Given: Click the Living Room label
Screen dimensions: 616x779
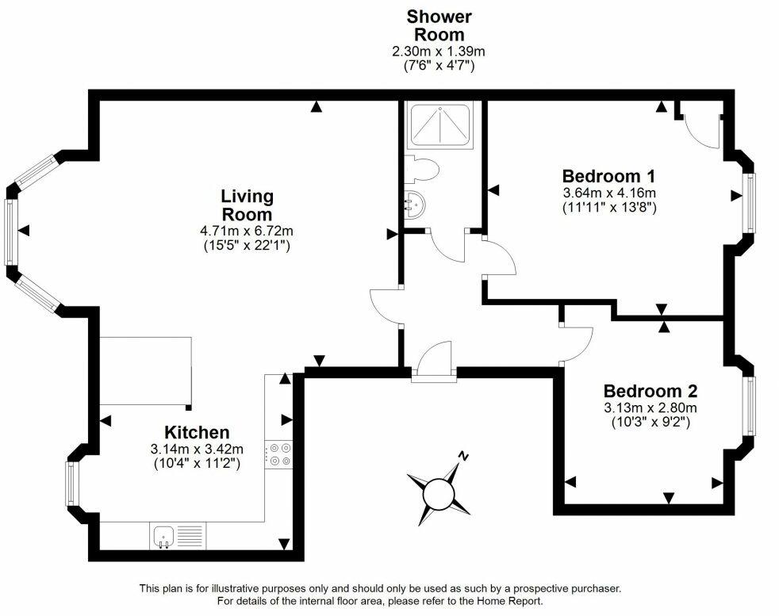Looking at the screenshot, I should pyautogui.click(x=246, y=205).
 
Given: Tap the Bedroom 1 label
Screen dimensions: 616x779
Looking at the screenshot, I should pyautogui.click(x=608, y=176).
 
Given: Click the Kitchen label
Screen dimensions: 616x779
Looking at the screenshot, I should pyautogui.click(x=197, y=432).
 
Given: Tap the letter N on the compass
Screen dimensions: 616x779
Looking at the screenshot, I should pyautogui.click(x=464, y=457).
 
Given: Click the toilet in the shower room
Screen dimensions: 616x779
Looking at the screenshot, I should pyautogui.click(x=420, y=169).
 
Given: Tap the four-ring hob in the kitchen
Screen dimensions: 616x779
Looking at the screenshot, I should pyautogui.click(x=278, y=453).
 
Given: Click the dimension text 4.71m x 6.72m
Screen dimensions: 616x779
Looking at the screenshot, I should pyautogui.click(x=246, y=231).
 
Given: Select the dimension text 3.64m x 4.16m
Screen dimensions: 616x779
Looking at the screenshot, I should pyautogui.click(x=608, y=193).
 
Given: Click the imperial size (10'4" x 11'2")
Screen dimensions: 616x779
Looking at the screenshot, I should pyautogui.click(x=197, y=463).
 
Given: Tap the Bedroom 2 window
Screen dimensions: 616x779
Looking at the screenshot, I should pyautogui.click(x=750, y=406).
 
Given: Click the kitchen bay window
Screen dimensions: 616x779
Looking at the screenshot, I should pyautogui.click(x=71, y=484).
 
